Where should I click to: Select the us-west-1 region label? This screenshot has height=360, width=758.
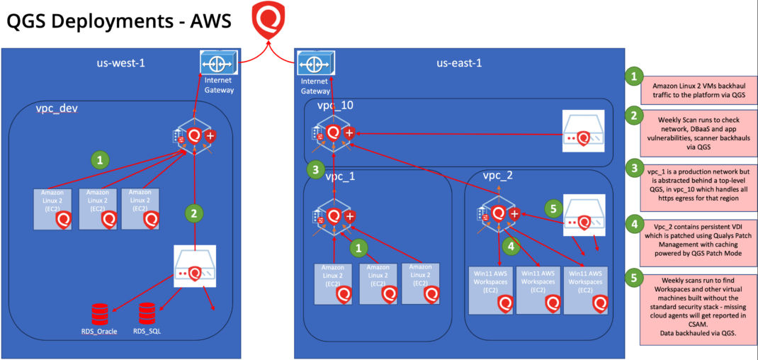[120, 63]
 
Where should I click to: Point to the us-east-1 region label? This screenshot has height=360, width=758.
[459, 63]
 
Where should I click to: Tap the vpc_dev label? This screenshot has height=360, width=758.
[57, 109]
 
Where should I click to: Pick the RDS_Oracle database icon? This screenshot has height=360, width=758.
[100, 313]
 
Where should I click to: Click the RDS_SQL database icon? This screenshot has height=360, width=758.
[147, 311]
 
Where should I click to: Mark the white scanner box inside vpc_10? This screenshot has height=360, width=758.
[584, 130]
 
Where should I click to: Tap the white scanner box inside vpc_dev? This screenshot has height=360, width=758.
[195, 266]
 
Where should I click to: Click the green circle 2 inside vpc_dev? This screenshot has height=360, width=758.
[193, 211]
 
